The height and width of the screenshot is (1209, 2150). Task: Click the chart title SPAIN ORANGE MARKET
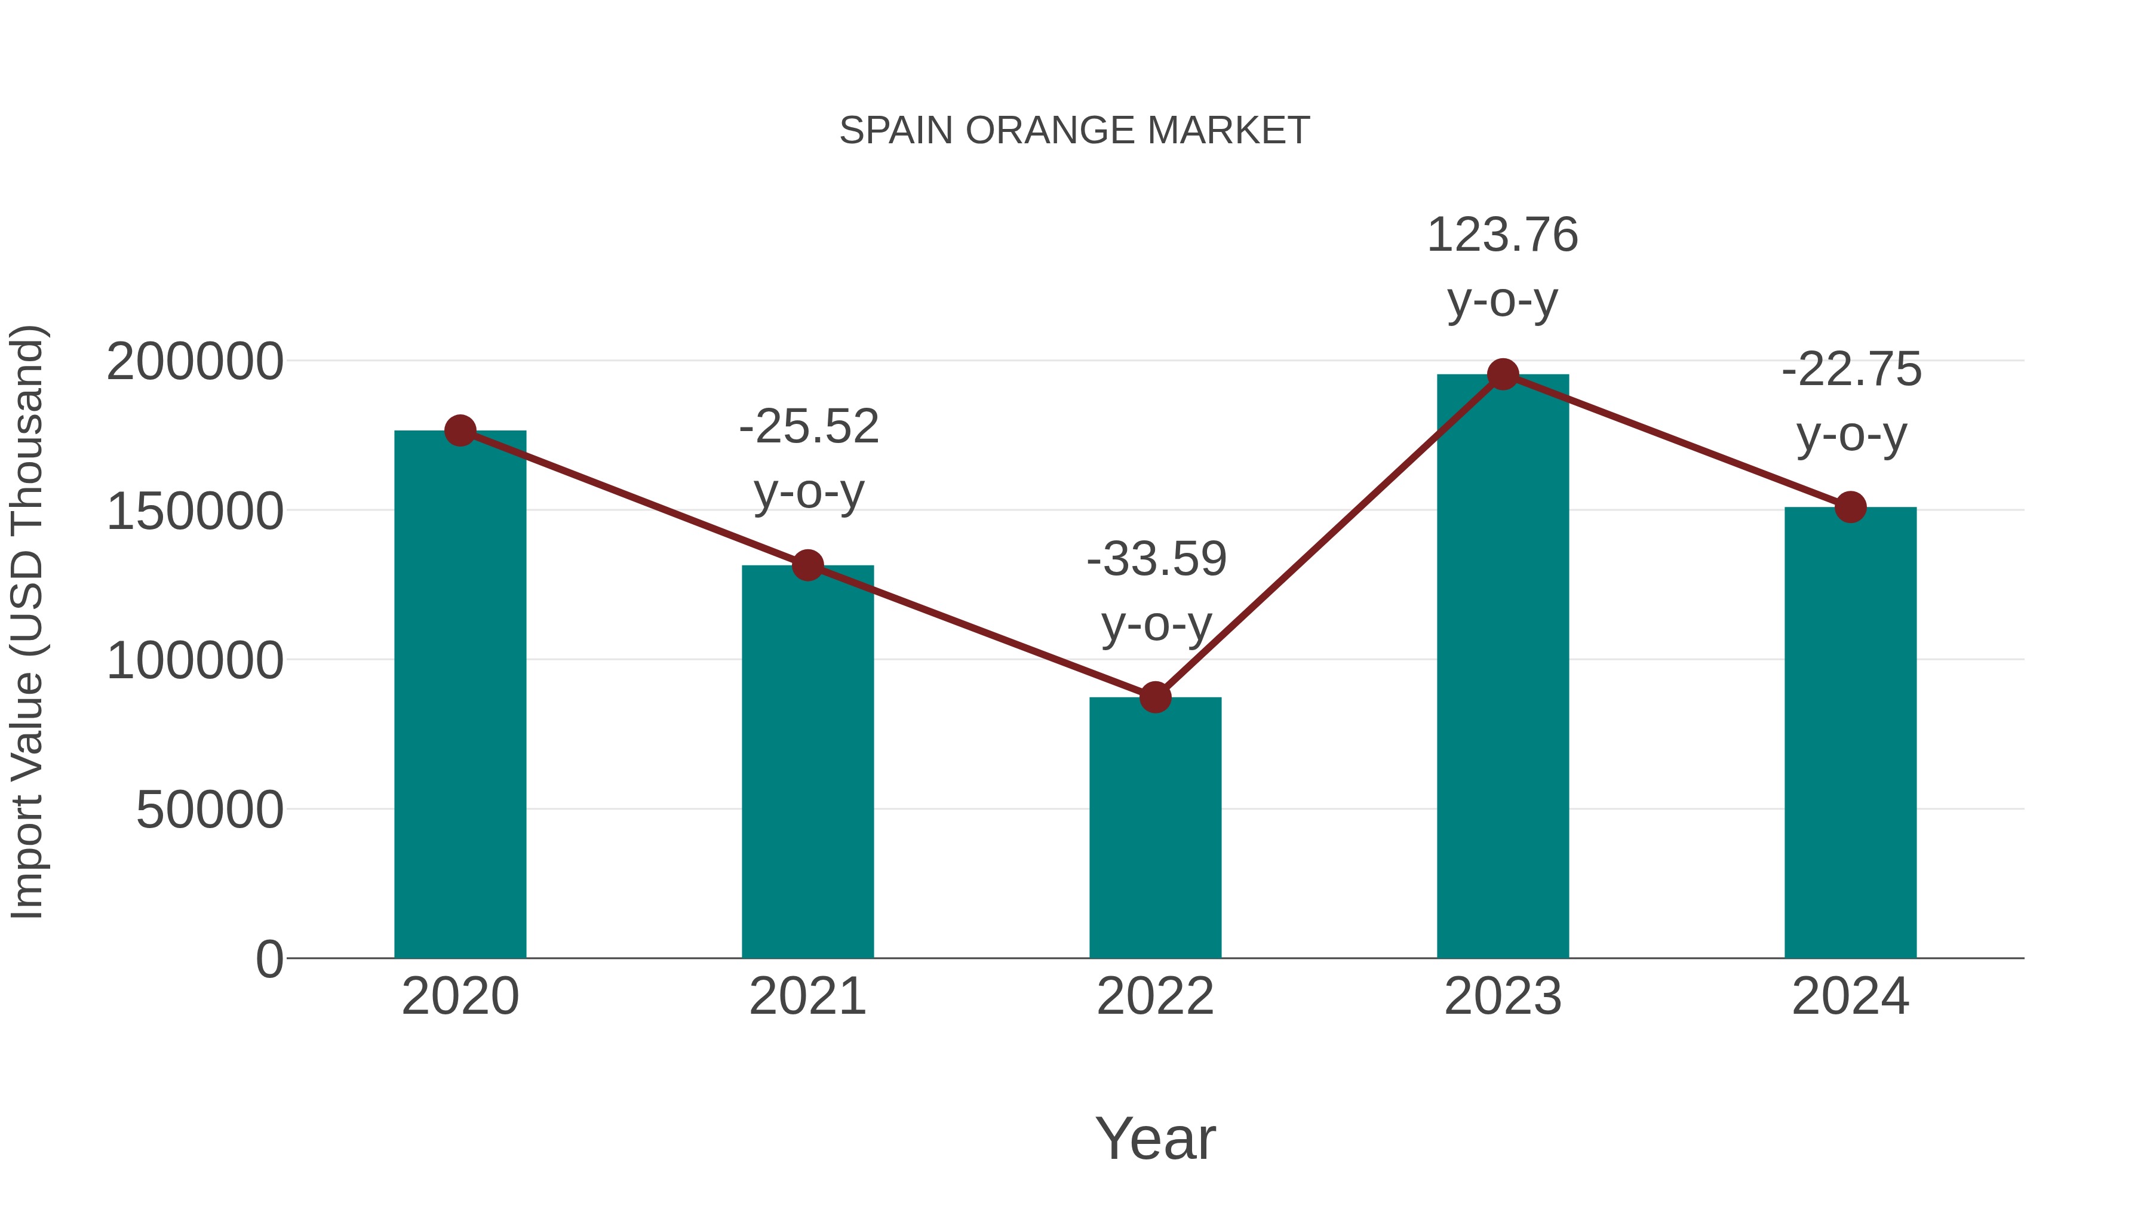(x=1074, y=131)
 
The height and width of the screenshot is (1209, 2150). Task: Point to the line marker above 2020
(x=460, y=430)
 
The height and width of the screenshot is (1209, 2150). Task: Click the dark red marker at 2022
(x=1155, y=697)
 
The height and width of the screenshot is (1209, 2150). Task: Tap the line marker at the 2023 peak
(x=1503, y=374)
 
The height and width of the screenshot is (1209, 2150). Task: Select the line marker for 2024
(x=1850, y=506)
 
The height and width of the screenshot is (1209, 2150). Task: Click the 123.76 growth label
(x=1503, y=235)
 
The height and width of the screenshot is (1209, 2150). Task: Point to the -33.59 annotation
(x=1156, y=559)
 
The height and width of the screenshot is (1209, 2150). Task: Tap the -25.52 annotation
(x=809, y=427)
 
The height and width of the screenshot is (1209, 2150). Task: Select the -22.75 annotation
(x=1851, y=370)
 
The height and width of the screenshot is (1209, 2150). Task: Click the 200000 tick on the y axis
(x=195, y=362)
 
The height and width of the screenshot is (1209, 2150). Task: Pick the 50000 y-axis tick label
(x=210, y=810)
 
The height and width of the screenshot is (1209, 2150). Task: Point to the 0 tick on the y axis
(x=269, y=959)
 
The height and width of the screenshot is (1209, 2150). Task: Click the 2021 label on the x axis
(x=807, y=996)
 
